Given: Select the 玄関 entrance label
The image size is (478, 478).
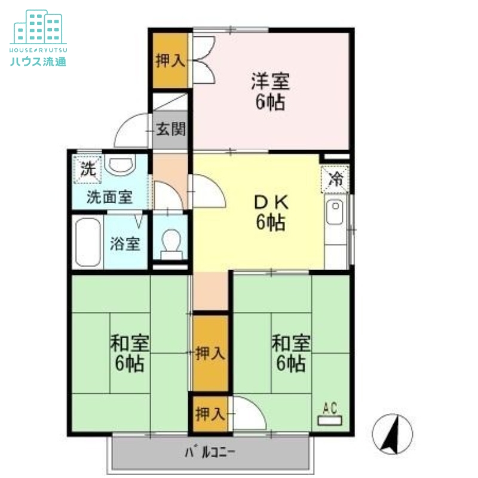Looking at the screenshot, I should click(170, 129).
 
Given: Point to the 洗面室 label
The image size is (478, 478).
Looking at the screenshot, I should click(109, 197).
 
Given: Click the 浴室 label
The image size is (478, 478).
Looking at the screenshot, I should click(125, 243).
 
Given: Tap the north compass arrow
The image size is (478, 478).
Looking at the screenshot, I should click(392, 434).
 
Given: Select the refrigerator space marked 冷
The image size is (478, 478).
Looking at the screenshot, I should click(336, 178).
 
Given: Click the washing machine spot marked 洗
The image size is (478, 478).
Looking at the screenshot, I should click(87, 168).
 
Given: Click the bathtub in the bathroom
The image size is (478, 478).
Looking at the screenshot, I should click(87, 243).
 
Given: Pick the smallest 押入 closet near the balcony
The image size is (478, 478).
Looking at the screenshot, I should click(210, 413).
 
